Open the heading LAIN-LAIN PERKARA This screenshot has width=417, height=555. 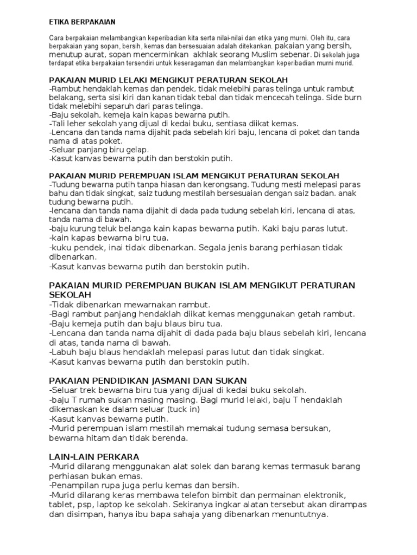(94, 457)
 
